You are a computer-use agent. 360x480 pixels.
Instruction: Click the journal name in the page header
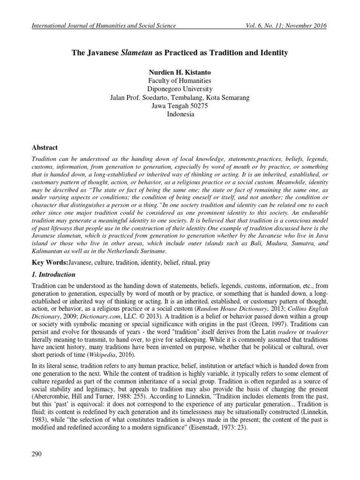[104, 25]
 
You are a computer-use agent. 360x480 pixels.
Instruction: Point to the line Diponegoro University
[180, 89]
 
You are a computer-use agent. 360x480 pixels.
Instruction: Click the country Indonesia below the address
[180, 114]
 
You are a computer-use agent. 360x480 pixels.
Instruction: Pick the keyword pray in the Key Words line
[204, 263]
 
